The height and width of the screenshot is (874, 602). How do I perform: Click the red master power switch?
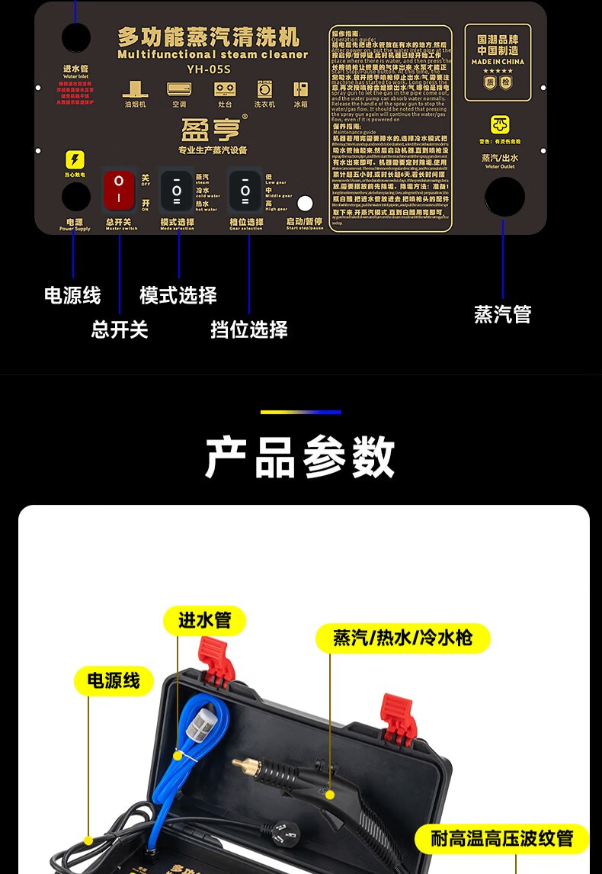(119, 190)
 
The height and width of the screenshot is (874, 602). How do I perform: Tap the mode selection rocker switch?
(177, 190)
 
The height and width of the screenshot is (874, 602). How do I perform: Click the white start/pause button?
(305, 204)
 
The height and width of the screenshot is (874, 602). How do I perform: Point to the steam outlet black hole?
(504, 197)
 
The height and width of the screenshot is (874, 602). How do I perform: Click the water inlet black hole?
(75, 37)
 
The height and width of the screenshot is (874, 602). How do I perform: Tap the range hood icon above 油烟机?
(136, 88)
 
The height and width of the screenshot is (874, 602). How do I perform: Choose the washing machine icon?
(265, 88)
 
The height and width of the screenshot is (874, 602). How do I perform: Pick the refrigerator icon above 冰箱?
(301, 88)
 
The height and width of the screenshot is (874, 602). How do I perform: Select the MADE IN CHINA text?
(498, 62)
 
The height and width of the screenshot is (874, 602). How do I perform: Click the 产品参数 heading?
(300, 458)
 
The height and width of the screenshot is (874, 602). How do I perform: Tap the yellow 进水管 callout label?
(204, 621)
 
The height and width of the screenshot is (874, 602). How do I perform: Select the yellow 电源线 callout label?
(114, 680)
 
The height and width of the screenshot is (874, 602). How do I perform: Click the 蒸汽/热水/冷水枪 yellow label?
(402, 638)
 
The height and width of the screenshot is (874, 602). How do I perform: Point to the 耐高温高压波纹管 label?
(502, 839)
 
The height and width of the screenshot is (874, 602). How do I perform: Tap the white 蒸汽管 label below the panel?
(502, 314)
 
